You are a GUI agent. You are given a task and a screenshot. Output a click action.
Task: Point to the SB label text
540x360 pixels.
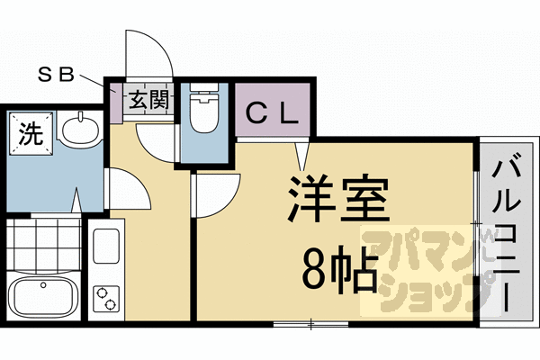pos(55,74)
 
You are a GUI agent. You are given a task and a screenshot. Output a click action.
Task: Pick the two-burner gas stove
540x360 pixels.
pos(107,298)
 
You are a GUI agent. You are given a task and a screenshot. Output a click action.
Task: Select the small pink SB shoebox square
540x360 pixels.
pos(114,90)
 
